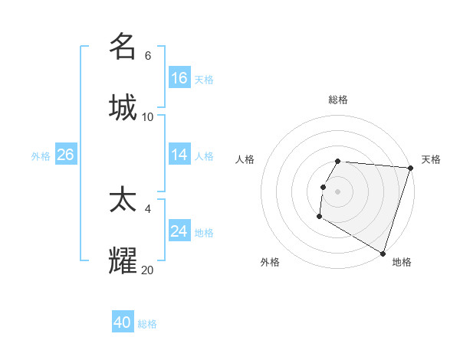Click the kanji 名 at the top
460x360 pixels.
123,47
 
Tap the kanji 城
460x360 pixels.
123,106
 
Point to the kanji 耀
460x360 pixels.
123,260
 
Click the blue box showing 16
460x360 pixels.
179,78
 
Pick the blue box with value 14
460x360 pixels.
179,155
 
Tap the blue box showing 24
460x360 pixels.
179,231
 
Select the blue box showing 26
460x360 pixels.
65,155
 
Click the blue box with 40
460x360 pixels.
123,322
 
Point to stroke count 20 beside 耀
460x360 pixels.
148,270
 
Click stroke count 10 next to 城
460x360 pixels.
148,116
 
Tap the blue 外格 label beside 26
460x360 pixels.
41,155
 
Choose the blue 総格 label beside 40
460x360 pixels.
147,323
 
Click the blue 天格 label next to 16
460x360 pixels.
203,79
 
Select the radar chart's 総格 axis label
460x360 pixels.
337,100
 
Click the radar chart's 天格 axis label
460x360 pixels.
431,159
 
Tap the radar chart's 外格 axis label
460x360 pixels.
270,262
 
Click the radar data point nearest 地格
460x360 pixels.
383,253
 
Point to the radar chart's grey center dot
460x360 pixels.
337,190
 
